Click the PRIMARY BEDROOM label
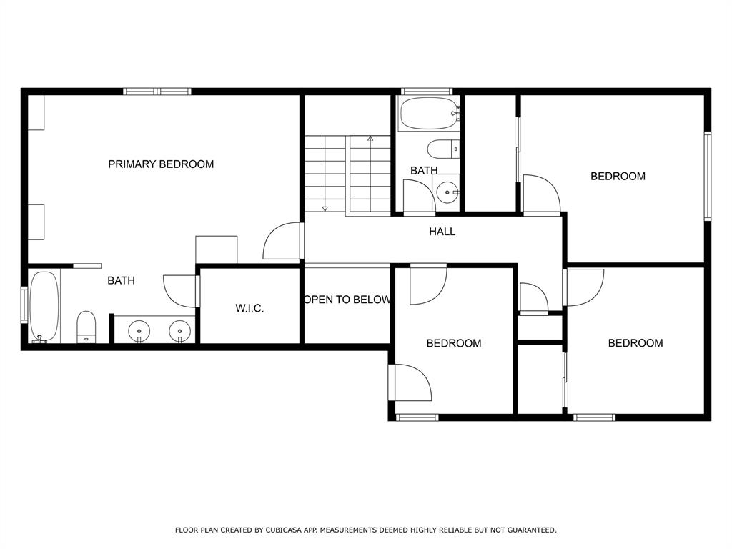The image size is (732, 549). pos(161,164)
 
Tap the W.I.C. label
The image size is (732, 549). pos(249,309)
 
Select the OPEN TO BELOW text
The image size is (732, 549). pos(347,300)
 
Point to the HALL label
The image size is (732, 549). pos(442,232)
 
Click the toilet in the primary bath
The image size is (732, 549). pos(86,327)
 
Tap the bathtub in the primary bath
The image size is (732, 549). pos(44,307)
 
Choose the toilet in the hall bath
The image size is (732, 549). pos(443,149)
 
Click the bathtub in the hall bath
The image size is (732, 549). pos(430,113)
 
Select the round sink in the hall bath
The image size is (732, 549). pos(447,192)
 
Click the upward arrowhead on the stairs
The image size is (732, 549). pos(371,138)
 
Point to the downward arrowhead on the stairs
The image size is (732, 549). pos(325,208)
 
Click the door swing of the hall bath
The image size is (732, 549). pos(419,196)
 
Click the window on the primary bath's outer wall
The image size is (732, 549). pos(24,305)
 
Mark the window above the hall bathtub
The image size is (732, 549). pos(427,91)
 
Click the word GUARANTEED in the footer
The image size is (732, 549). pos(532,530)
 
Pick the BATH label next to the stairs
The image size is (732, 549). pos(424,171)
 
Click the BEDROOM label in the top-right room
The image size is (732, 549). pos(618,177)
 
